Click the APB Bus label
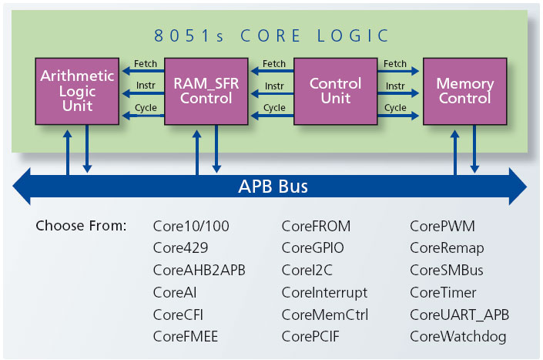(x=272, y=187)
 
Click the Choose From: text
(x=81, y=227)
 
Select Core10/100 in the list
(x=191, y=227)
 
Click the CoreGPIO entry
(x=313, y=248)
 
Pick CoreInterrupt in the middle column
(x=324, y=292)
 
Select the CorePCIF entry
(x=310, y=336)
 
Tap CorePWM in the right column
(x=442, y=227)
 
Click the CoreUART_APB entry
(x=459, y=315)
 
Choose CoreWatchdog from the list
(x=458, y=336)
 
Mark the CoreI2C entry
(x=307, y=271)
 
